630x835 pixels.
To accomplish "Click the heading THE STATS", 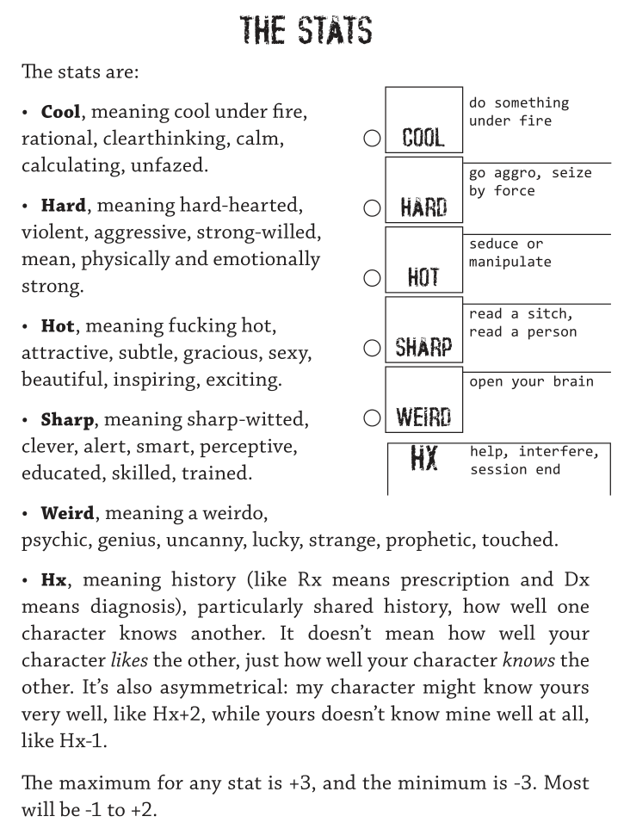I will click(307, 31).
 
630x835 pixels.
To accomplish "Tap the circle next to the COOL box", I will click(372, 138).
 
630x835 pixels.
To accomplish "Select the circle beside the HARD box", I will click(372, 207).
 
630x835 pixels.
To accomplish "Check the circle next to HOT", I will click(372, 277).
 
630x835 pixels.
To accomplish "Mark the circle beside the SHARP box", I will click(372, 348).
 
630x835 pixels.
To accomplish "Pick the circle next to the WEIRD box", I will click(372, 417).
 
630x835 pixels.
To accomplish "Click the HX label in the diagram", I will click(423, 459).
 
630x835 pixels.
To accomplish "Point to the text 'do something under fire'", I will click(519, 112).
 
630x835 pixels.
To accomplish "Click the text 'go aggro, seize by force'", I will click(530, 182).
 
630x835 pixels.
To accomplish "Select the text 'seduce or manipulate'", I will click(510, 252).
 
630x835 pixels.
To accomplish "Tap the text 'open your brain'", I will click(531, 380).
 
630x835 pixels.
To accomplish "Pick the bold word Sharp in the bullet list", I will click(66, 420).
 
